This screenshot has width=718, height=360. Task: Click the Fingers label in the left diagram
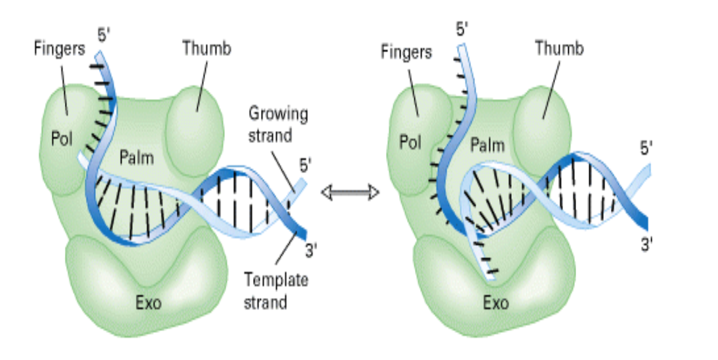pyautogui.click(x=60, y=49)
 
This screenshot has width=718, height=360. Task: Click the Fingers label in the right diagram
pyautogui.click(x=407, y=52)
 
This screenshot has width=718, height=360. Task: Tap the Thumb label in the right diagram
pyautogui.click(x=559, y=49)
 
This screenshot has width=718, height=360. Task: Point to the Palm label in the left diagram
pyautogui.click(x=136, y=158)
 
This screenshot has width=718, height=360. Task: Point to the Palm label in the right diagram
pyautogui.click(x=487, y=145)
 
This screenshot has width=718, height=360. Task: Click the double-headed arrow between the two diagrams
pyautogui.click(x=350, y=192)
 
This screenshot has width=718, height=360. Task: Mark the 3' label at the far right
pyautogui.click(x=646, y=244)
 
